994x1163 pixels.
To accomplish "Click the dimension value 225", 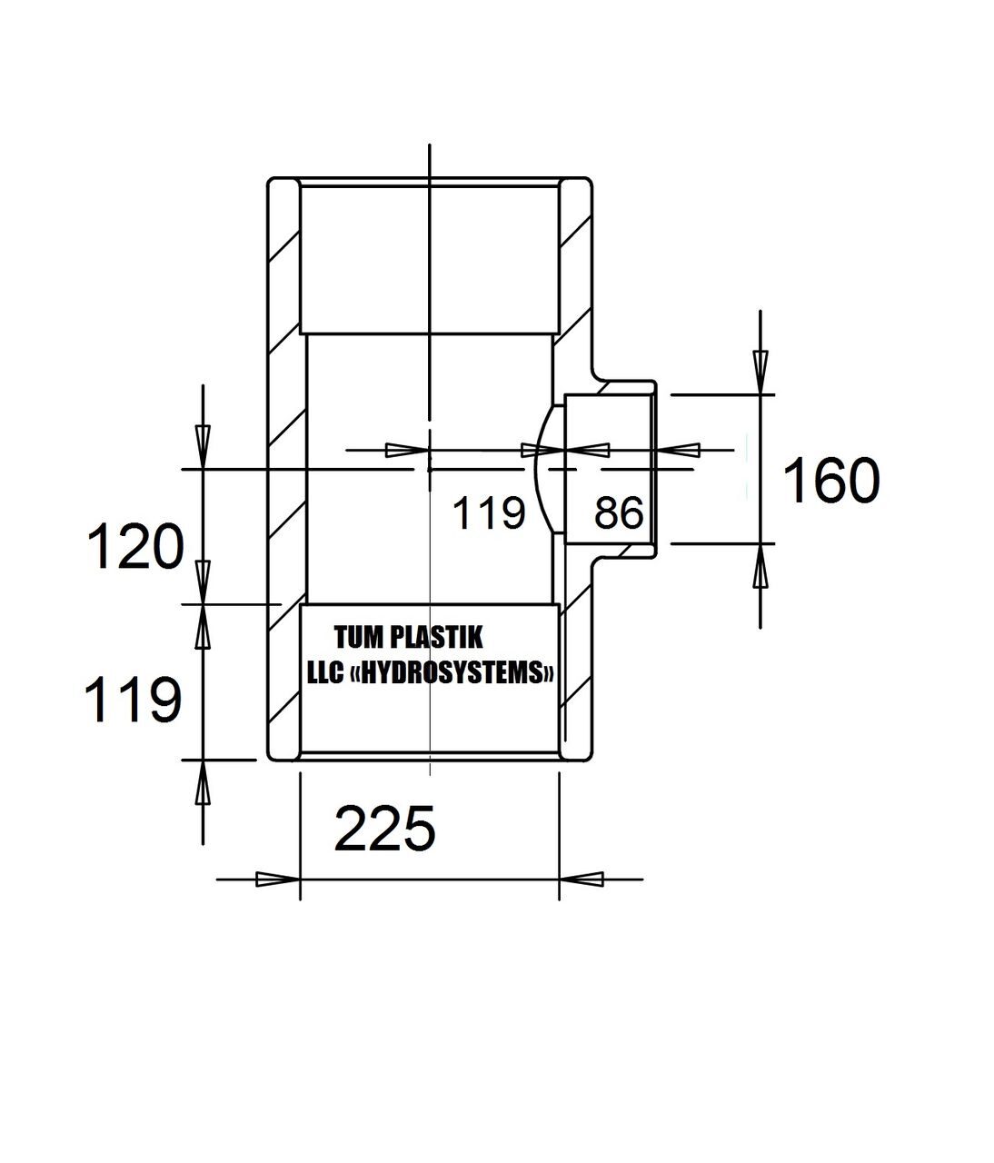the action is (x=384, y=829).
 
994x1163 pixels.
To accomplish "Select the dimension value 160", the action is (x=830, y=480).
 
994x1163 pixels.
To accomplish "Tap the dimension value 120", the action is (x=135, y=546).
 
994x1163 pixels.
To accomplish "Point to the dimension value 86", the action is (x=618, y=512).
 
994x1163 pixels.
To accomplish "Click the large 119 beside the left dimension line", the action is (x=133, y=699).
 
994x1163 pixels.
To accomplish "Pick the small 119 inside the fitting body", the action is (x=488, y=512).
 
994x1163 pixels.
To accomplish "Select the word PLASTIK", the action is (x=436, y=637).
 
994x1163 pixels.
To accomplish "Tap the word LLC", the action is (x=324, y=672).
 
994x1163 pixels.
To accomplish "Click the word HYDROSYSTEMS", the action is (x=452, y=672).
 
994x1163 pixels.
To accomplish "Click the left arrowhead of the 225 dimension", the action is (x=278, y=879).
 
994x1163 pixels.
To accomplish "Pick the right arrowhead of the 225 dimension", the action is (x=581, y=879).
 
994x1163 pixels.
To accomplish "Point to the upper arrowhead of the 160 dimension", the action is (x=760, y=372).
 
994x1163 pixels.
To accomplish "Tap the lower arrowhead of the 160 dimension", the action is (x=760, y=565).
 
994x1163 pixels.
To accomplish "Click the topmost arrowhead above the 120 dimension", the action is (x=203, y=447).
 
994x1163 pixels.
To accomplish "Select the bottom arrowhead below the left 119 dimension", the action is (x=203, y=782).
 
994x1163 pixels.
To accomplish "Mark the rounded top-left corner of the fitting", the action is (x=270, y=181).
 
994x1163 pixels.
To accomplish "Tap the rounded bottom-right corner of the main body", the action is (x=589, y=758).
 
